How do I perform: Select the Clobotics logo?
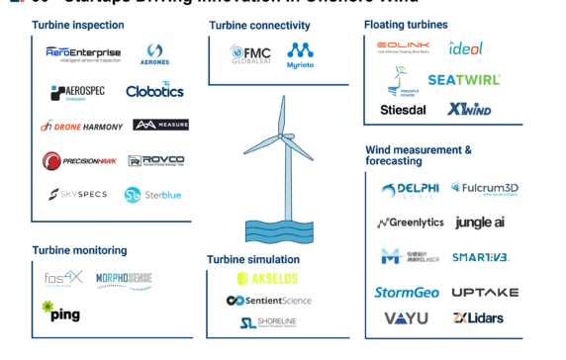pos(154,91)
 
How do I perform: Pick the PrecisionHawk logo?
pos(79,160)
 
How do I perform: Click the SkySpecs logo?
pos(78,195)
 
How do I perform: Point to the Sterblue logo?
pos(152,195)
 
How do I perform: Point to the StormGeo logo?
pos(406,293)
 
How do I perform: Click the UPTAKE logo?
pos(485,293)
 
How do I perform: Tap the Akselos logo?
pos(268,280)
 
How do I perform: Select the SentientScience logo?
pos(268,301)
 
